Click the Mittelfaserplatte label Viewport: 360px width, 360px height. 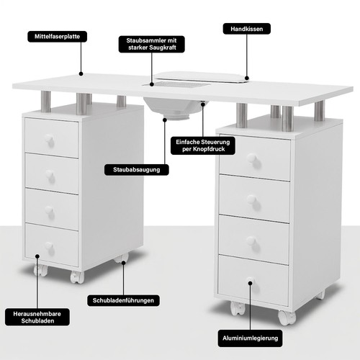tap(57, 37)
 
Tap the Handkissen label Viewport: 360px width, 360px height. tap(247, 29)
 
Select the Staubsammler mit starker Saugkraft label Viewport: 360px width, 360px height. tap(152, 44)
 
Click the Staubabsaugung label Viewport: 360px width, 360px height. tap(137, 170)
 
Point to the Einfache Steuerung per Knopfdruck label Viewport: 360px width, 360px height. tap(203, 145)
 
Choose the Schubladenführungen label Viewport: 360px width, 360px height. tap(123, 300)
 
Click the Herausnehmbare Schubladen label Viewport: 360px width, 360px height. tap(37, 317)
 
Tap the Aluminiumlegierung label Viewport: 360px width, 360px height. tap(250, 338)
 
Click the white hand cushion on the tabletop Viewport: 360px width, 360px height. tap(202, 77)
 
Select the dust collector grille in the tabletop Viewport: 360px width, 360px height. tap(176, 84)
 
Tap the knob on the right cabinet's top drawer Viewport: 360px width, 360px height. tap(253, 158)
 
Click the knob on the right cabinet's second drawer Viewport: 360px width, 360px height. tap(252, 199)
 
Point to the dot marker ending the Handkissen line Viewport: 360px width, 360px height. tap(247, 78)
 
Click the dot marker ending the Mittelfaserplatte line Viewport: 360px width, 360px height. tap(81, 74)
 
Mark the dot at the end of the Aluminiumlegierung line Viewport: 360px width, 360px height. tap(250, 283)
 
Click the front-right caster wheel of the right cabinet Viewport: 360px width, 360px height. tap(287, 318)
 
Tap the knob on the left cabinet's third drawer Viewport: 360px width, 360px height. tap(49, 210)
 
